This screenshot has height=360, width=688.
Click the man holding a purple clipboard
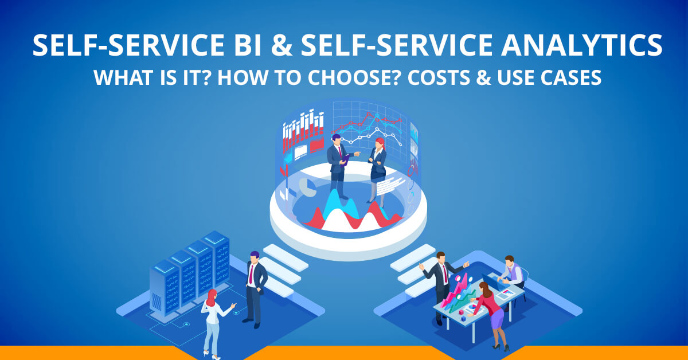point(338,166)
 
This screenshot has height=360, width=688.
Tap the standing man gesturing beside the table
point(442,281)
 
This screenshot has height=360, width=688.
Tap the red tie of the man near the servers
point(251,275)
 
